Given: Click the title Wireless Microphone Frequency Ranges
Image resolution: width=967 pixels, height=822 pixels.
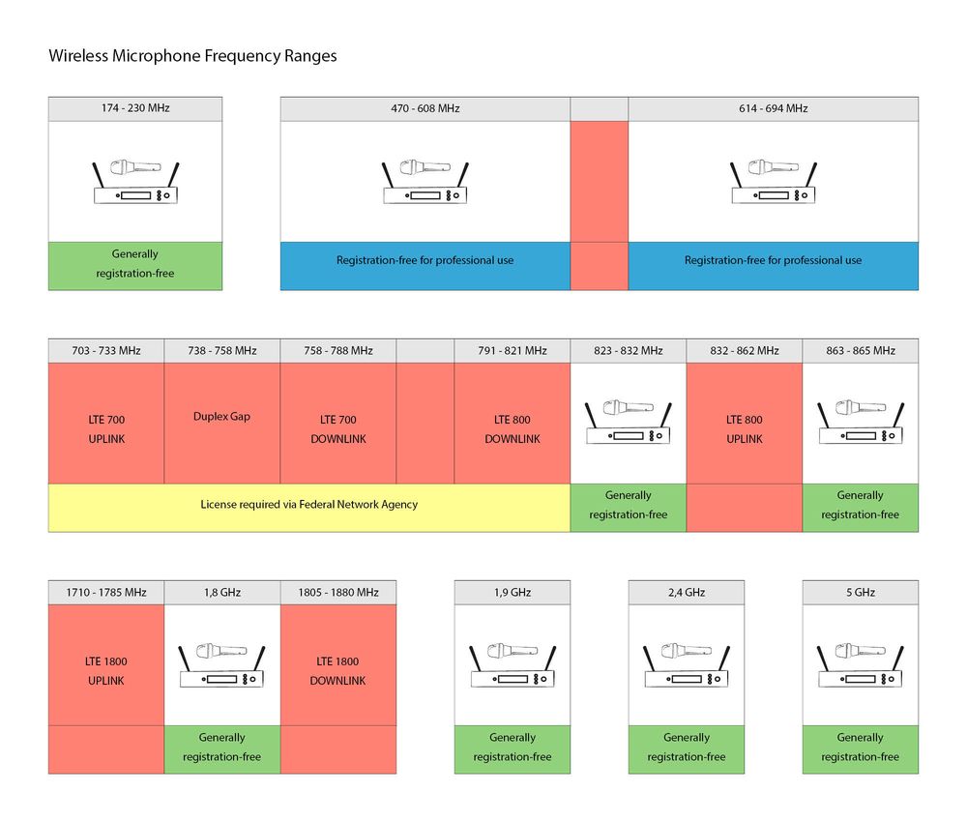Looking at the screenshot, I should tap(192, 56).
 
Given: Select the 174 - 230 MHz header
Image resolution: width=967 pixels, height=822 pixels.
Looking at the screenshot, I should tap(134, 108).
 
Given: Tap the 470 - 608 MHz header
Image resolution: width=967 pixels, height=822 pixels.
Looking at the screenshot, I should tap(425, 108).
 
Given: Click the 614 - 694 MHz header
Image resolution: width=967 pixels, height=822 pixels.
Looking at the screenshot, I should tap(773, 108).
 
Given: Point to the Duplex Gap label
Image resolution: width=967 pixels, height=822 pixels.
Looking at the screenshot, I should tap(221, 417).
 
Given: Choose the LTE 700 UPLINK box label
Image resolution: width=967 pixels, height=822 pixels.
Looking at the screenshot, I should tap(106, 429).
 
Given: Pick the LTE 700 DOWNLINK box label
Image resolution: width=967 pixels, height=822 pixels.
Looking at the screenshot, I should tap(338, 429).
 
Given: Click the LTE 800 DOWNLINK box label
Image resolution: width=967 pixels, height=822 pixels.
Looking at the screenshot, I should tap(513, 429).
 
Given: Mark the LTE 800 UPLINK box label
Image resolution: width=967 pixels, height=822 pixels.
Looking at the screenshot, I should tap(744, 429).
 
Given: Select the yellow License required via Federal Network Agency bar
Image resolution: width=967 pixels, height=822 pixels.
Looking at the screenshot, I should tap(308, 505).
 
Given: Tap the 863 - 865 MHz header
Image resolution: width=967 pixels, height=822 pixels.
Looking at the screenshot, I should tap(860, 350).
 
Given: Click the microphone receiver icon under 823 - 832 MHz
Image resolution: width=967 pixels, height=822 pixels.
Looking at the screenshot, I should tap(629, 423).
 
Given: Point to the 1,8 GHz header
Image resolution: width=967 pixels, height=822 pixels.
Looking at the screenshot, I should tap(221, 592).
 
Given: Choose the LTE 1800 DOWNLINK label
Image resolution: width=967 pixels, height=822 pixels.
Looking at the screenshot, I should tap(338, 671).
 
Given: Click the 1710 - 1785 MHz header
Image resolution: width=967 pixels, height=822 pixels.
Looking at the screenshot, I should tap(106, 592).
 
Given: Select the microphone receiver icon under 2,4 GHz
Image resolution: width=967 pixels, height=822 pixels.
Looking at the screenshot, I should tap(687, 664).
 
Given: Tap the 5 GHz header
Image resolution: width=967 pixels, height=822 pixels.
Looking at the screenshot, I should tap(860, 592).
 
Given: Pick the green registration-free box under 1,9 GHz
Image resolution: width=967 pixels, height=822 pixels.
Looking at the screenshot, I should tap(513, 748).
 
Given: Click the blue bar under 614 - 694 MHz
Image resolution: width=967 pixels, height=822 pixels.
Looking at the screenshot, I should tap(773, 261).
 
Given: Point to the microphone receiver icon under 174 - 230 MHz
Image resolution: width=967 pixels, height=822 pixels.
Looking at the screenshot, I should tap(135, 181).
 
